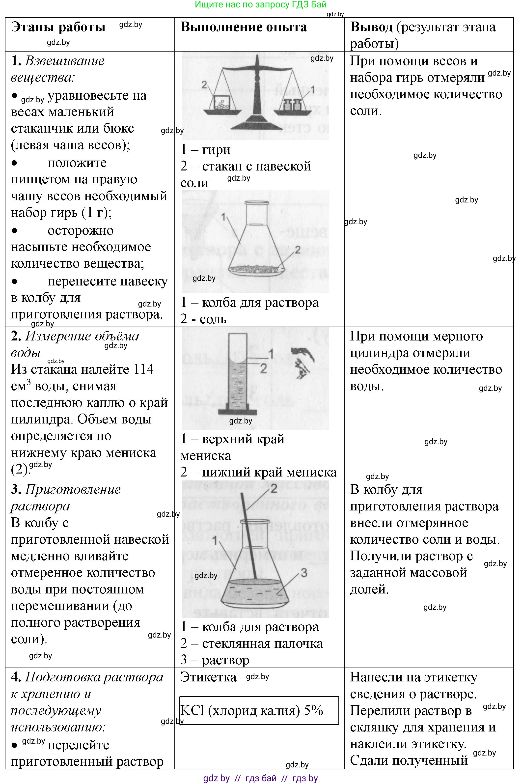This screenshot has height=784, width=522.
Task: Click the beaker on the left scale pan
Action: [x=221, y=103]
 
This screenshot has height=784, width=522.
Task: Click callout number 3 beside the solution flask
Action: [x=304, y=573]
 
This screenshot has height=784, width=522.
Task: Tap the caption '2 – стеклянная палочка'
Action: [x=252, y=643]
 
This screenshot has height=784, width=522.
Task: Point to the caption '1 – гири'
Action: [x=205, y=149]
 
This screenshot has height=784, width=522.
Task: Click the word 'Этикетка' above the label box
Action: [x=208, y=677]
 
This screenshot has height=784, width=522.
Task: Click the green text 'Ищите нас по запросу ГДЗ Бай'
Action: [x=261, y=5]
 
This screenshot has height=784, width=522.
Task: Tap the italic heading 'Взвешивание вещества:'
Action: [x=58, y=69]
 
